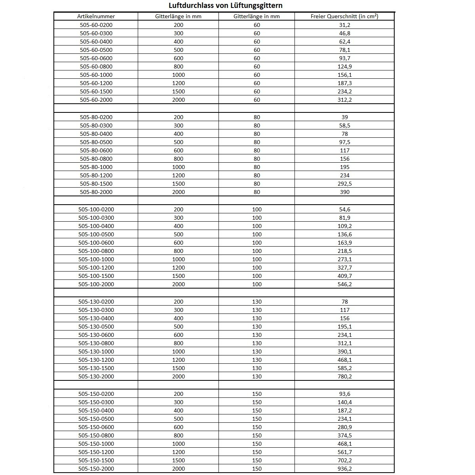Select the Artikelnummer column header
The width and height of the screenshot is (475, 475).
pyautogui.click(x=96, y=16)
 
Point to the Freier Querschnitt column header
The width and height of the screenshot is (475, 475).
pyautogui.click(x=344, y=16)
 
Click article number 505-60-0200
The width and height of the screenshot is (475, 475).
pyautogui.click(x=96, y=25)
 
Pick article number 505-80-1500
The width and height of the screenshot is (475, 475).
pyautogui.click(x=96, y=184)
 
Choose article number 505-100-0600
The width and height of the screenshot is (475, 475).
pyautogui.click(x=96, y=243)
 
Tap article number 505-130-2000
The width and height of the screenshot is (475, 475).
pyautogui.click(x=96, y=376)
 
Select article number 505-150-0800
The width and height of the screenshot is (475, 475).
pyautogui.click(x=96, y=435)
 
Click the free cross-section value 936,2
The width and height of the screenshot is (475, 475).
pyautogui.click(x=345, y=469)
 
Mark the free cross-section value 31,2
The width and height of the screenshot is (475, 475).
pyautogui.click(x=345, y=25)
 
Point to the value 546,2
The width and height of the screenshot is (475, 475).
pyautogui.click(x=345, y=284)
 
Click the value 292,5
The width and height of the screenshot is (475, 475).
pyautogui.click(x=345, y=184)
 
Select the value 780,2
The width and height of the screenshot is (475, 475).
pyautogui.click(x=345, y=376)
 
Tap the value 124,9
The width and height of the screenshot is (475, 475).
pyautogui.click(x=345, y=66)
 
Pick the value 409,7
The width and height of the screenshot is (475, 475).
pyautogui.click(x=345, y=276)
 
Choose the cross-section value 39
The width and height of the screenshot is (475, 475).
pyautogui.click(x=345, y=117)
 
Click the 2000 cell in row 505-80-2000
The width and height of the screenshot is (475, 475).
pyautogui.click(x=179, y=192)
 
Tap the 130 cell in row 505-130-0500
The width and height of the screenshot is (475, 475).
pyautogui.click(x=257, y=327)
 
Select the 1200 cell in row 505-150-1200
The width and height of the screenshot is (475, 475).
pyautogui.click(x=179, y=452)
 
